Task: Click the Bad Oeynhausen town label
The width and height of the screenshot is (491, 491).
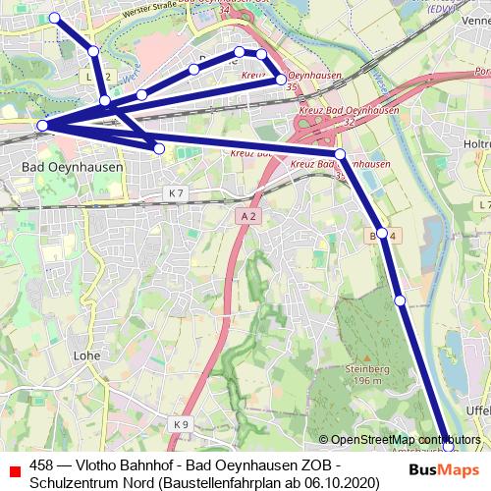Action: click(73, 168)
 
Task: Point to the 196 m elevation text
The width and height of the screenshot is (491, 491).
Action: click(363, 380)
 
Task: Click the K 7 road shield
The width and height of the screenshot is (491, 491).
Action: click(176, 194)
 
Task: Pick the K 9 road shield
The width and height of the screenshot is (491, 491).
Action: click(180, 424)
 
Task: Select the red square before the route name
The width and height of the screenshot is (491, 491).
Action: click(14, 469)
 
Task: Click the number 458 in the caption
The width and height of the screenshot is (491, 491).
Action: click(43, 465)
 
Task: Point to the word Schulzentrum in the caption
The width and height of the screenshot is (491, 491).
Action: click(73, 483)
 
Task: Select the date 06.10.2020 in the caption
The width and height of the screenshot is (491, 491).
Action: click(340, 483)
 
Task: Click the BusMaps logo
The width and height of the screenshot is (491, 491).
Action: click(444, 468)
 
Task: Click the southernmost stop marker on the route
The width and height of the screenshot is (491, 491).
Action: click(449, 446)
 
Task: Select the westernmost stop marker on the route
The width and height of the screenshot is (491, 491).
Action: click(42, 126)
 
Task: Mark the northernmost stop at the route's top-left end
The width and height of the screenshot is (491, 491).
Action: click(55, 18)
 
